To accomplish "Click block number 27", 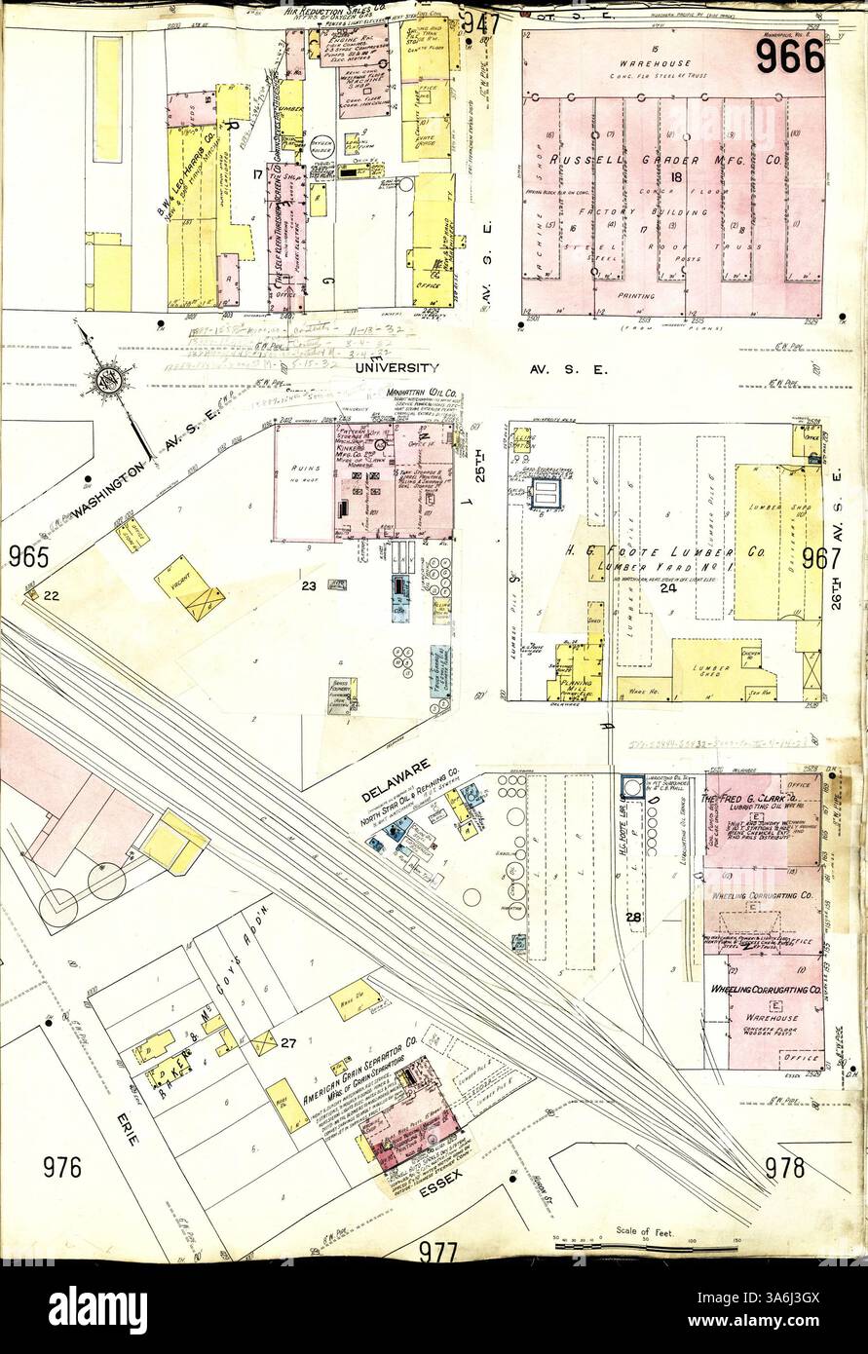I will pyautogui.click(x=287, y=1043).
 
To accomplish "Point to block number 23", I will pyautogui.click(x=309, y=586).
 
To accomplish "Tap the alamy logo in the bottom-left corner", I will pyautogui.click(x=97, y=1309).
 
